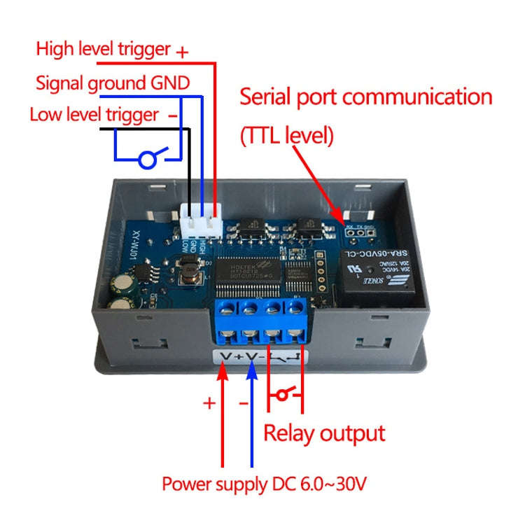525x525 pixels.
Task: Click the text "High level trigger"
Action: (103, 49)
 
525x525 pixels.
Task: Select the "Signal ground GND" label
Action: (112, 83)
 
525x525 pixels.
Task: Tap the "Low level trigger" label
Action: (94, 114)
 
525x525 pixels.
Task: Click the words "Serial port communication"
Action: (365, 97)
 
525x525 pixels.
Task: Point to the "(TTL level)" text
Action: (286, 134)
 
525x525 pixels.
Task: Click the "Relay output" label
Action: (323, 433)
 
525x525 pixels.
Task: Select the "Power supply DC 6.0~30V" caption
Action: (264, 484)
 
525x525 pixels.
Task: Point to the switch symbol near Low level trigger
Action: (149, 157)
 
